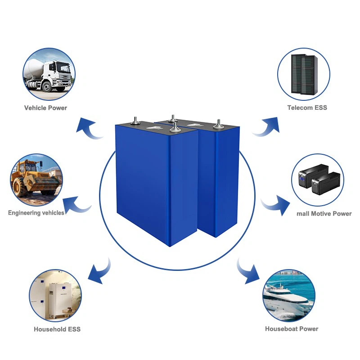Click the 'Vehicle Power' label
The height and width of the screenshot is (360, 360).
[x=45, y=108]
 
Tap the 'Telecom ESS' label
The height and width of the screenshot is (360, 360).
[x=307, y=108]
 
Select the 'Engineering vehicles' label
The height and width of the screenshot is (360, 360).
[x=36, y=212]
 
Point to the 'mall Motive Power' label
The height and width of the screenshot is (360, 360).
[x=324, y=213]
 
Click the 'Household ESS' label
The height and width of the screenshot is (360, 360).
[x=57, y=329]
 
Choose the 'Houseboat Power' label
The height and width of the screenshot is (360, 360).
[x=292, y=328]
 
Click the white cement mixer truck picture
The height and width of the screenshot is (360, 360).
[x=49, y=74]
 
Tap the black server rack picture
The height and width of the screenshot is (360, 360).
[x=304, y=74]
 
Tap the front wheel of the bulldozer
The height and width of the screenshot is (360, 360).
[x=20, y=187]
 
